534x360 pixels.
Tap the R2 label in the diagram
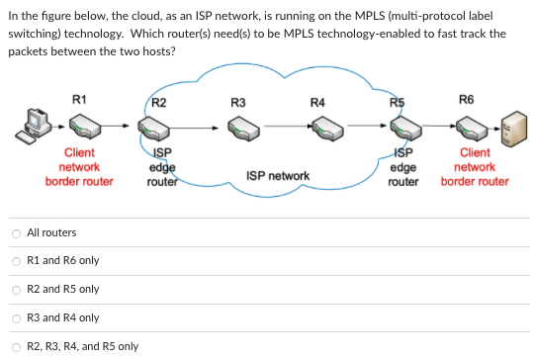160,102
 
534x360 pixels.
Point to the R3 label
237,102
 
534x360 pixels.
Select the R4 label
316,102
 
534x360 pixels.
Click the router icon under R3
241,128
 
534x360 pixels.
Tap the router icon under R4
320,128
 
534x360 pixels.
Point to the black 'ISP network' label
278,176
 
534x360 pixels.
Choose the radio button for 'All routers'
16,232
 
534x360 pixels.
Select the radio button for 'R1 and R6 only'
16,261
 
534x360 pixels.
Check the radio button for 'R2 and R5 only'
16,290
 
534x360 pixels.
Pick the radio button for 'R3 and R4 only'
16,318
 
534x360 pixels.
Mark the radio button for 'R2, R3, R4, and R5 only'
16,347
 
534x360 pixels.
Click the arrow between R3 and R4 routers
282,127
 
